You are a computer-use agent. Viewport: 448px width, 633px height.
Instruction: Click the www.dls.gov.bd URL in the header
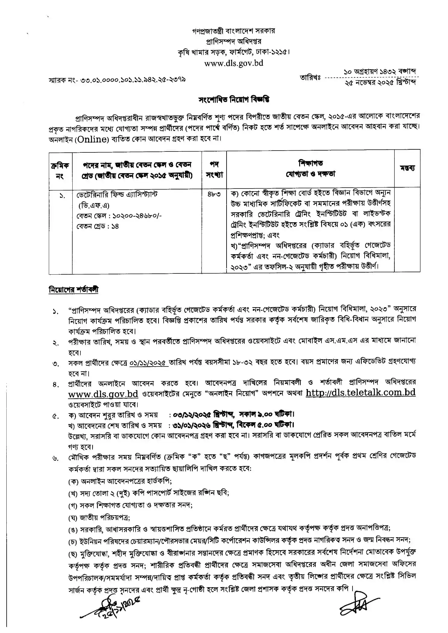233,63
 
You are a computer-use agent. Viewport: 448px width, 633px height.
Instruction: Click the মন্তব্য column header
407,168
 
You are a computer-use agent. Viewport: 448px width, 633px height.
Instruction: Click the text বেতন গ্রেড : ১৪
98,226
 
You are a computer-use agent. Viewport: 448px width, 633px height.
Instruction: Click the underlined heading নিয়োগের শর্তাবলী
74,290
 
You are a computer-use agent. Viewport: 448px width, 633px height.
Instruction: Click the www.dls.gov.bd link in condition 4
103,394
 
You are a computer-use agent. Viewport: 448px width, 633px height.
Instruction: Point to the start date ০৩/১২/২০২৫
192,415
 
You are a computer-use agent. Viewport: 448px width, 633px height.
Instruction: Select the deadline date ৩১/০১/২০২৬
192,425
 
